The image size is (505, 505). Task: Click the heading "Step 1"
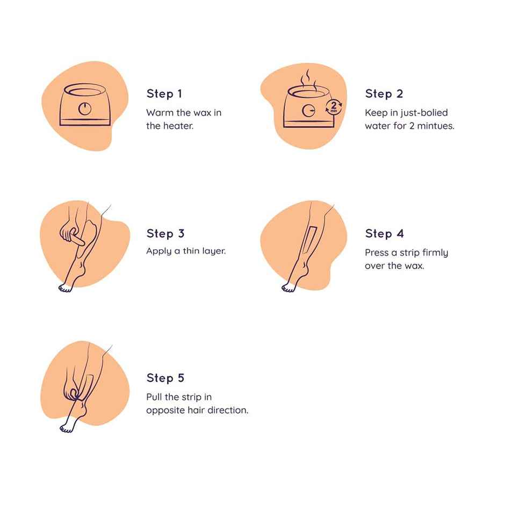[164, 93]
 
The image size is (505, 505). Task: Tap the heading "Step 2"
[384, 93]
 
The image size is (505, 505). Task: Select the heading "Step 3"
[165, 233]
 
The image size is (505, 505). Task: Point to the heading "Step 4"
[384, 233]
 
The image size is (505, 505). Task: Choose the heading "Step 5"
[165, 378]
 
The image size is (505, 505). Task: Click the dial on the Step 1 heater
[85, 109]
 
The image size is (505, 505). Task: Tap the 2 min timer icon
[334, 107]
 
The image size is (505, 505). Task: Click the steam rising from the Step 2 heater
[308, 79]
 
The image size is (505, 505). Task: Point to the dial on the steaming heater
[308, 111]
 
